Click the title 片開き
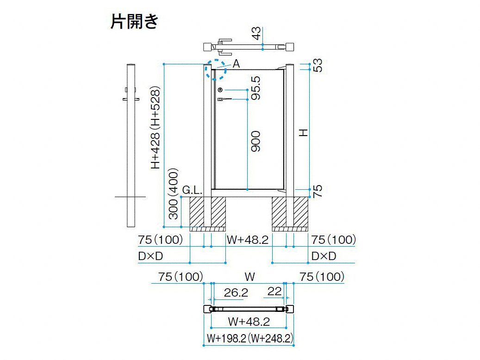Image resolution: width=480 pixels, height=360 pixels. click(x=134, y=21)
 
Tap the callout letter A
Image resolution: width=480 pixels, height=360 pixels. click(x=236, y=64)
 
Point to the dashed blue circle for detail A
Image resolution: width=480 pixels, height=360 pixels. click(x=216, y=70)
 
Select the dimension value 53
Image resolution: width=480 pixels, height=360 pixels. click(x=318, y=65)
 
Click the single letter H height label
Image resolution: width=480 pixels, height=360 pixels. click(x=303, y=133)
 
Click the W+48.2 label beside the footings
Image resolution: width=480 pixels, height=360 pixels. click(x=248, y=240)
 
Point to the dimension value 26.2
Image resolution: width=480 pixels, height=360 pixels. click(x=236, y=292)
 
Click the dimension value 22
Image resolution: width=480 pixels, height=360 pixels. click(x=275, y=291)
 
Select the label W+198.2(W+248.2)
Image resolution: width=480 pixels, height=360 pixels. click(x=250, y=338)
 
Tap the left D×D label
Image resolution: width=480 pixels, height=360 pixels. click(x=150, y=256)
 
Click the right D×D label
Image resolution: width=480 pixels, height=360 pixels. click(x=324, y=256)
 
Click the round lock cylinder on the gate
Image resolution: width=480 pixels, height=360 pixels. click(x=220, y=90)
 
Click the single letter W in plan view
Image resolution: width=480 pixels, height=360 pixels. click(x=250, y=277)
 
